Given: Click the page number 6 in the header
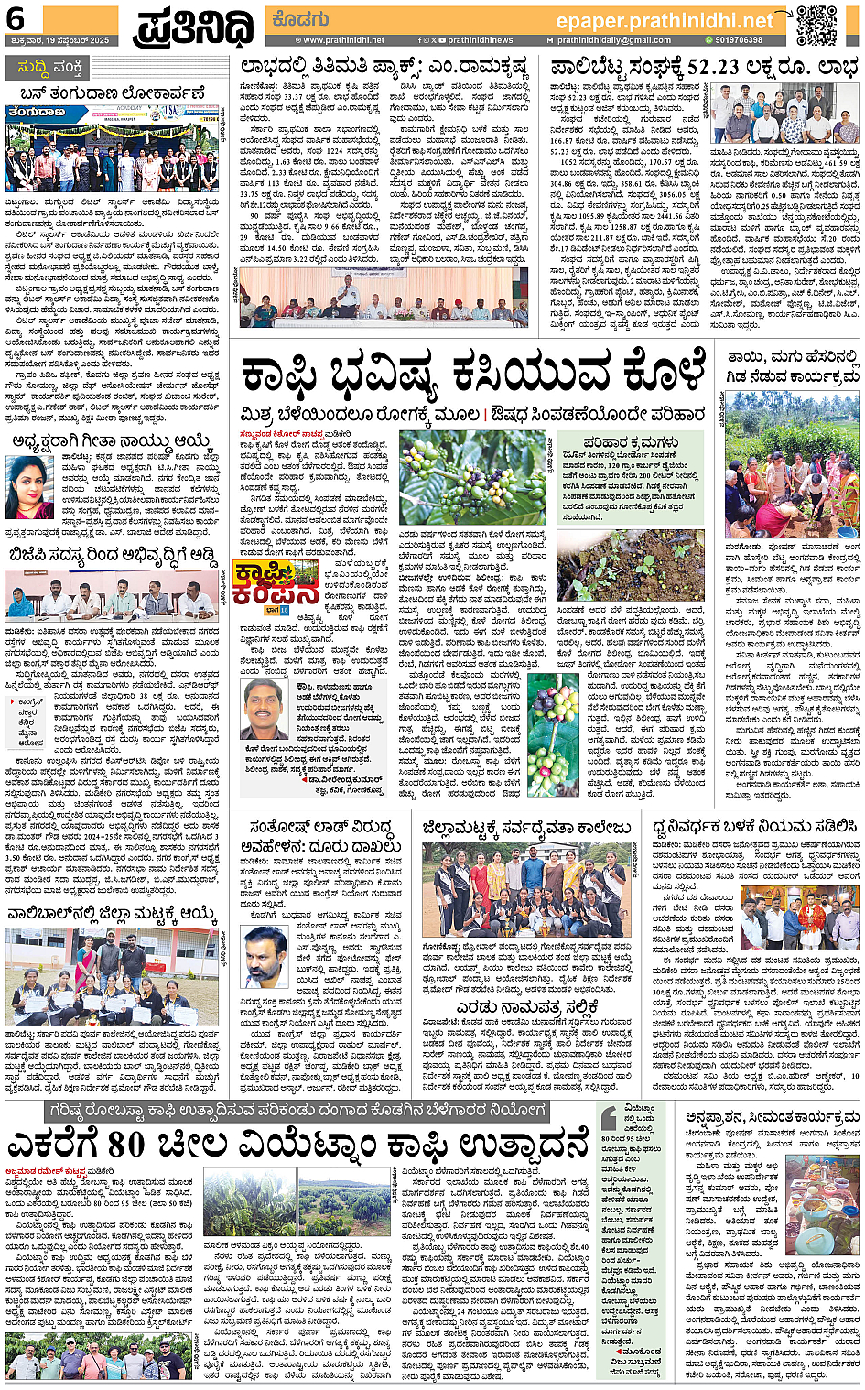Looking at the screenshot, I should [x=16, y=19].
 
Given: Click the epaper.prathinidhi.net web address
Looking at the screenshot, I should [x=665, y=21].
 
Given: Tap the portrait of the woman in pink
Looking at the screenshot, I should [x=30, y=487].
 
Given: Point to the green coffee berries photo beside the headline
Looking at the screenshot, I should [x=472, y=476].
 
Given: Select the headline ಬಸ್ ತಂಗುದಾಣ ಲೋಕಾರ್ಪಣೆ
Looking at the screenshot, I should [x=112, y=93].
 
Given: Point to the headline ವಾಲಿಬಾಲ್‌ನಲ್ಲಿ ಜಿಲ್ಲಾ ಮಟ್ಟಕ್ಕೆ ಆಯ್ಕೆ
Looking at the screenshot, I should [x=112, y=914].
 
